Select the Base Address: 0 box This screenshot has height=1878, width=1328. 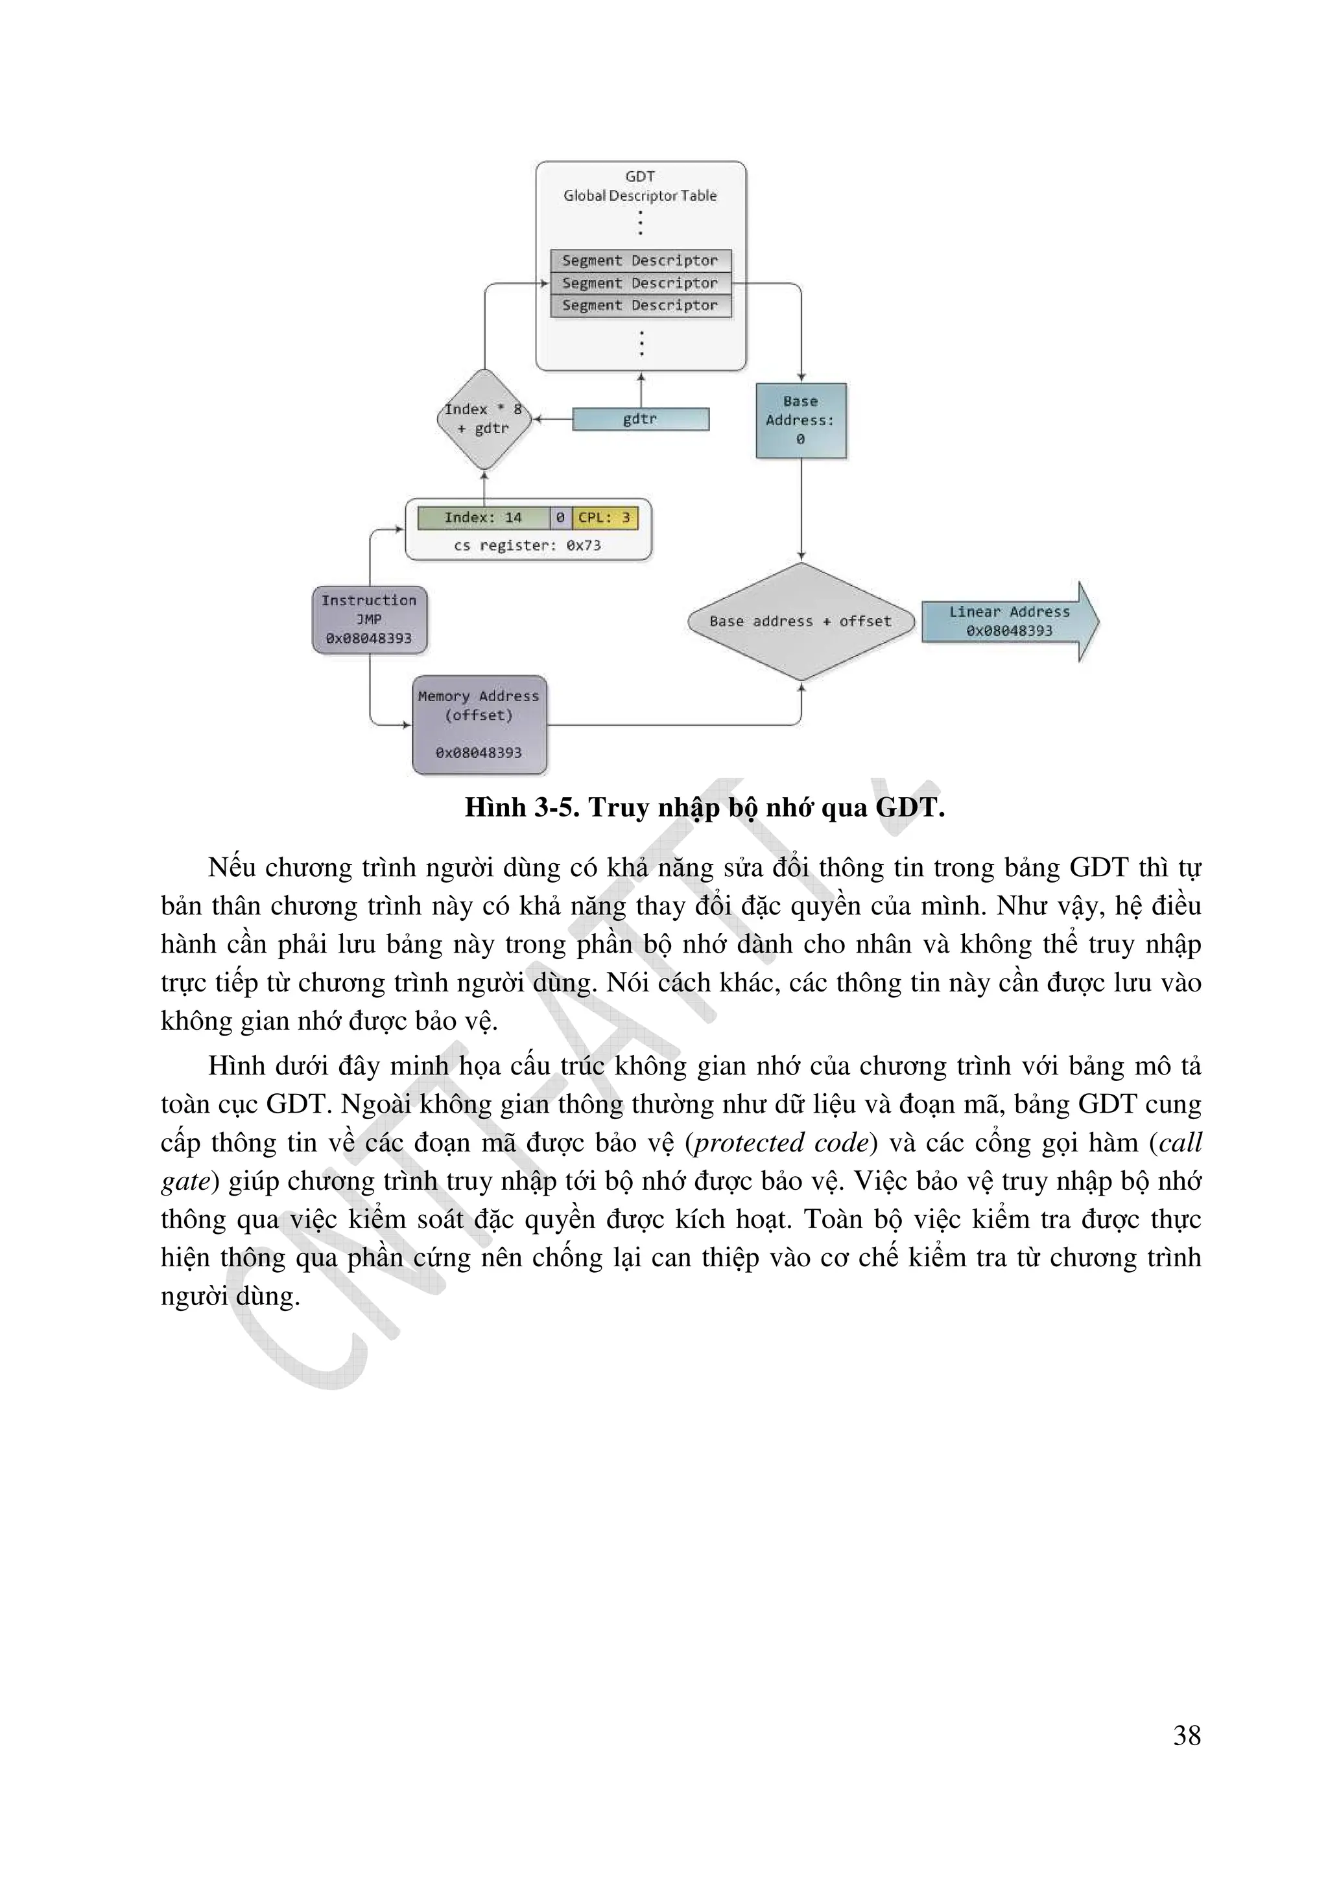coord(800,421)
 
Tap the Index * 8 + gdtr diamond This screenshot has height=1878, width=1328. coord(484,419)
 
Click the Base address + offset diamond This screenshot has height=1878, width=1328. coord(800,621)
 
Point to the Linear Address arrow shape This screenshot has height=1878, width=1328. coord(1009,621)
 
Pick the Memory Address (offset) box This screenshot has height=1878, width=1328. coord(479,724)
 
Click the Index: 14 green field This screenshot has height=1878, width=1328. coord(482,518)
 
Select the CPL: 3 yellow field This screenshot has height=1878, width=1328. coord(605,518)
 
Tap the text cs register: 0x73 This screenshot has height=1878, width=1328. coord(528,546)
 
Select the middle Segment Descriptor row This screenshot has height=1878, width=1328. coord(640,283)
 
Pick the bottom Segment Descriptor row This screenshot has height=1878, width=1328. coord(640,305)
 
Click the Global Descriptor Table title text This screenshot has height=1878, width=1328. coord(640,196)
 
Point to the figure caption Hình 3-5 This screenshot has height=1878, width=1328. coord(704,808)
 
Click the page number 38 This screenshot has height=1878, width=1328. coord(1187,1735)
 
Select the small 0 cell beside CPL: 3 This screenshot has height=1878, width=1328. coord(560,518)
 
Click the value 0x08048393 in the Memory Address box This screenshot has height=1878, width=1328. coord(479,752)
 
